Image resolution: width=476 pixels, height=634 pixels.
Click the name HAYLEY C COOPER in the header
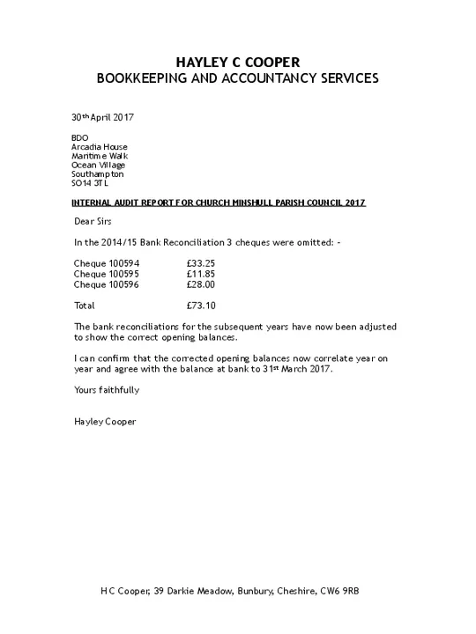[238, 62]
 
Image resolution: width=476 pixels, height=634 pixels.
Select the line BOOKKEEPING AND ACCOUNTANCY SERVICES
[238, 78]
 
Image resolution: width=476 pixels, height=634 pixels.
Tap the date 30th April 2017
[102, 117]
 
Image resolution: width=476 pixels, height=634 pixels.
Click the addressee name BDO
[79, 137]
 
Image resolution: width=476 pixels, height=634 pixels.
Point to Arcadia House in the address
[99, 147]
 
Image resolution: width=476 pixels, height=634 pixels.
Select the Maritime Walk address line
[99, 156]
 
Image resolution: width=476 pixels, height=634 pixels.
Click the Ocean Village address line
[98, 165]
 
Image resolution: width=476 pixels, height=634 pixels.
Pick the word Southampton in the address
[97, 174]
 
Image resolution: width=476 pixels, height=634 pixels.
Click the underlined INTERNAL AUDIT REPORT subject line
[218, 203]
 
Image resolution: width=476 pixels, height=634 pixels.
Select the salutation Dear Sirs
[93, 221]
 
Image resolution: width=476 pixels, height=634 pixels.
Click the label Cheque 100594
[107, 263]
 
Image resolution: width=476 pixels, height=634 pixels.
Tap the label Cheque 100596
[107, 284]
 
